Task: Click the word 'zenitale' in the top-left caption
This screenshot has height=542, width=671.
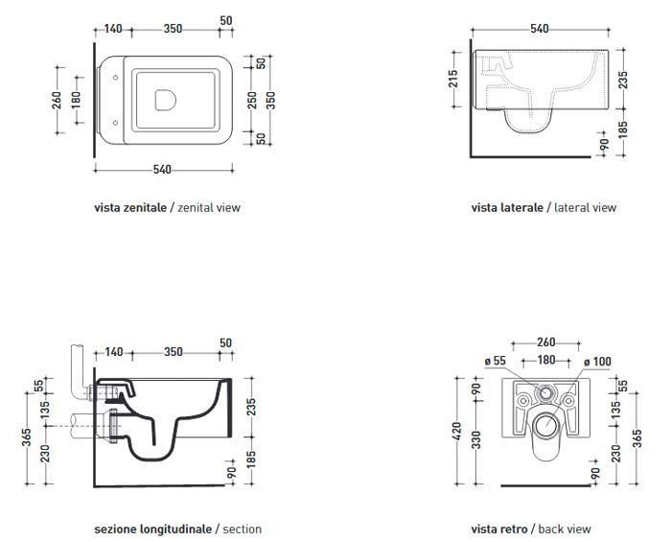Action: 145,207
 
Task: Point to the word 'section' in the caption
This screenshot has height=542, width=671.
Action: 243,530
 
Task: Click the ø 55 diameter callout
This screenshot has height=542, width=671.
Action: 496,361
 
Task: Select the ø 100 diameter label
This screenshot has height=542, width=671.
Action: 597,362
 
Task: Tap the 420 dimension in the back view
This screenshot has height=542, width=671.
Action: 457,431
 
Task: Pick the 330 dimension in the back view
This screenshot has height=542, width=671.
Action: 475,440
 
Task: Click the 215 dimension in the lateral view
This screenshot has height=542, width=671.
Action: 453,79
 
